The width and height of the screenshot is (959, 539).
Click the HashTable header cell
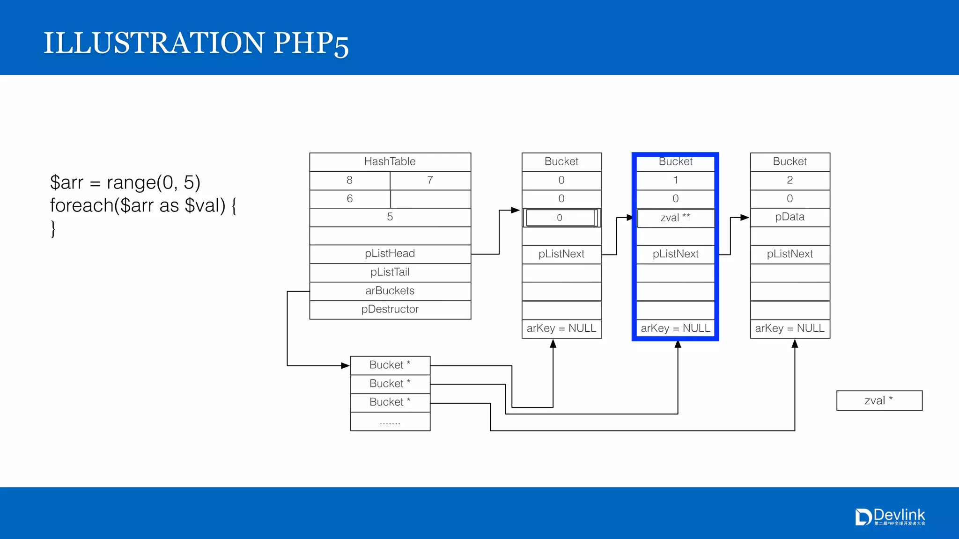click(x=390, y=162)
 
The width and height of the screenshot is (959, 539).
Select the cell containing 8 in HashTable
click(x=349, y=180)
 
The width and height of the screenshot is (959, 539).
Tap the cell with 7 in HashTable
click(x=430, y=180)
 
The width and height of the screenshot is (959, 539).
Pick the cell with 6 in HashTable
click(x=349, y=199)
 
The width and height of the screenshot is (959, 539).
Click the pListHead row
click(x=390, y=254)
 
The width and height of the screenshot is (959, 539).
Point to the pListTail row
click(x=390, y=272)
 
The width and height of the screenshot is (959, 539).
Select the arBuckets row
click(x=390, y=291)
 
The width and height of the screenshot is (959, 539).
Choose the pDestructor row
click(x=390, y=309)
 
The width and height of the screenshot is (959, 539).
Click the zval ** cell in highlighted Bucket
click(x=675, y=218)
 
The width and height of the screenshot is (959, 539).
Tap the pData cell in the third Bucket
click(x=789, y=217)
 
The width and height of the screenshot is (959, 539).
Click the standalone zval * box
click(x=879, y=401)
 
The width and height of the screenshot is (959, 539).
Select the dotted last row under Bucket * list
click(x=390, y=422)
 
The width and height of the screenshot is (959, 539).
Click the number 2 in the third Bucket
click(x=789, y=180)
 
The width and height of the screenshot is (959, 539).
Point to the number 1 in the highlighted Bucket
click(x=675, y=180)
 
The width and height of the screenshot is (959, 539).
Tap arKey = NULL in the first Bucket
click(x=561, y=328)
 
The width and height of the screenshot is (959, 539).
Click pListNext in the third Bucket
click(x=789, y=254)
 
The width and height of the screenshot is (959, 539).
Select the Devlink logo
click(x=890, y=517)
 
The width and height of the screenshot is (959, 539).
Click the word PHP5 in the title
click(x=311, y=44)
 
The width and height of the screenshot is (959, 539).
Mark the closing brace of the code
click(x=53, y=229)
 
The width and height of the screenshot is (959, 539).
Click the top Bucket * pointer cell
click(x=390, y=365)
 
